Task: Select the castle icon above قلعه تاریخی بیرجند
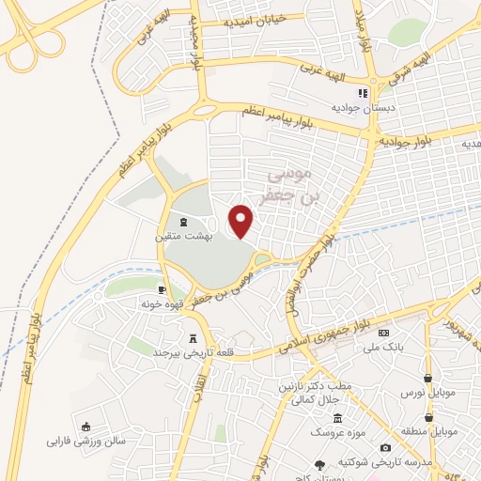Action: click(x=194, y=338)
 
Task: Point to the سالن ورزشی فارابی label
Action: click(x=85, y=440)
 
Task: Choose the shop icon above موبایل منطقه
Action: click(x=428, y=416)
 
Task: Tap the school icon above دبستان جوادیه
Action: click(x=364, y=93)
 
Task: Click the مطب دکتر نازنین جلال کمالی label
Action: click(x=303, y=394)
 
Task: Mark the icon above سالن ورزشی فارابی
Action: click(x=85, y=426)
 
